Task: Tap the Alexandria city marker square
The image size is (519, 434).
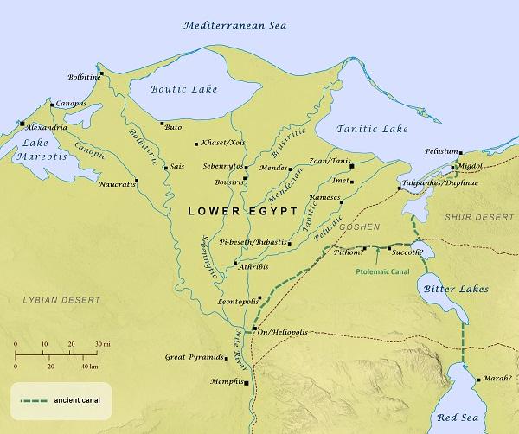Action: pos(21,125)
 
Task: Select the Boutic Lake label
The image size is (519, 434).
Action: pos(179,87)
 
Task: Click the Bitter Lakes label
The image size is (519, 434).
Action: pos(452,288)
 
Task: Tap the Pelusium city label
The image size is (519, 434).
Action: pos(440,150)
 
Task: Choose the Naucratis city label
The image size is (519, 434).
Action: pos(117,183)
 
